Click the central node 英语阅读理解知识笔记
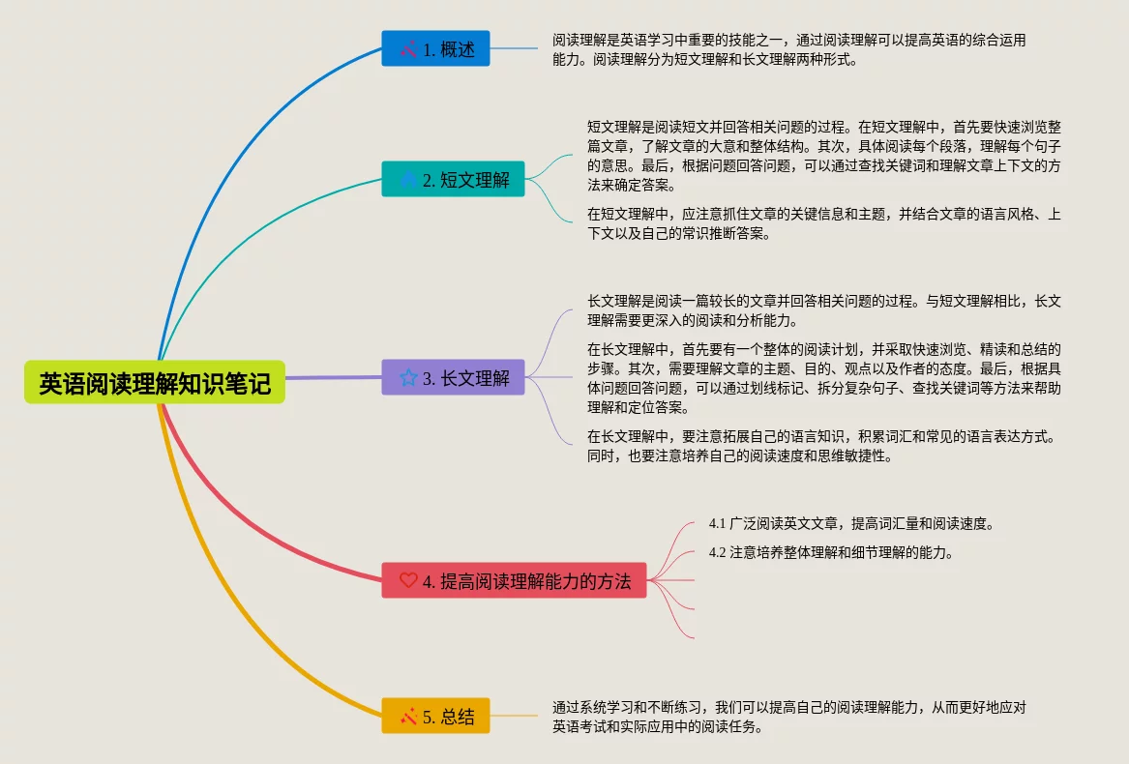tap(155, 383)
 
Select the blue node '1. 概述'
tap(435, 48)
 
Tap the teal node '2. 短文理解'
tap(453, 179)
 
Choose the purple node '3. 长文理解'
tap(453, 377)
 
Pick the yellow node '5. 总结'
tap(435, 716)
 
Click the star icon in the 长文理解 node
tap(408, 377)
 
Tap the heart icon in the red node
tap(408, 580)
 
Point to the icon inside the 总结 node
tap(408, 716)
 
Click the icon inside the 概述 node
tap(408, 48)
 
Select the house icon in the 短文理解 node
tap(408, 179)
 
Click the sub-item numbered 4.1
tap(851, 523)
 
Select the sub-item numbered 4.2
tap(831, 552)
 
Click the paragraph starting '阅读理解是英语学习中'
tap(788, 49)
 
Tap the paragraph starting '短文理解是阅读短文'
tap(823, 156)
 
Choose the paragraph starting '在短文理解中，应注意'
tap(823, 223)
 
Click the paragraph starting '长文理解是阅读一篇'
tap(823, 310)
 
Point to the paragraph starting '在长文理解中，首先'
tap(823, 378)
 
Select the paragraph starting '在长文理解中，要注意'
tap(823, 446)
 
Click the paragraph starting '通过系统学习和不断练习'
tap(788, 717)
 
